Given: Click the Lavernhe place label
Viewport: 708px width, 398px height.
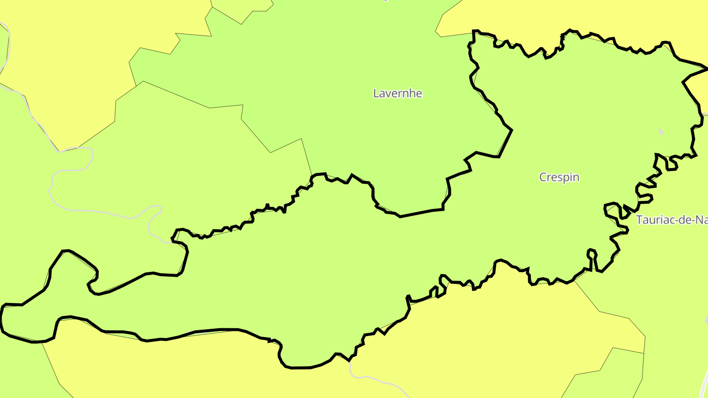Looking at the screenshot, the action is [x=397, y=93].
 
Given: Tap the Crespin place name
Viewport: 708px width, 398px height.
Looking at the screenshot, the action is [x=559, y=177].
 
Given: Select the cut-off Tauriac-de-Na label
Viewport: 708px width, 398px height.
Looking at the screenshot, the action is [x=672, y=220].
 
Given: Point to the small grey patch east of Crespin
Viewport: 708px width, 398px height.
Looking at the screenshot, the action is [x=660, y=132].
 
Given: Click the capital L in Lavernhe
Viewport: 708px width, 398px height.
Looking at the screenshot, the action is [x=377, y=93].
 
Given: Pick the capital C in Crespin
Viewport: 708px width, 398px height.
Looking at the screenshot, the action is [x=543, y=177].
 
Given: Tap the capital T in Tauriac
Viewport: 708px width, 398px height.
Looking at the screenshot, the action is [x=640, y=220].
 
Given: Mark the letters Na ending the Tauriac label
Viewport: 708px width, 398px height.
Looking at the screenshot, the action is [x=700, y=220].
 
